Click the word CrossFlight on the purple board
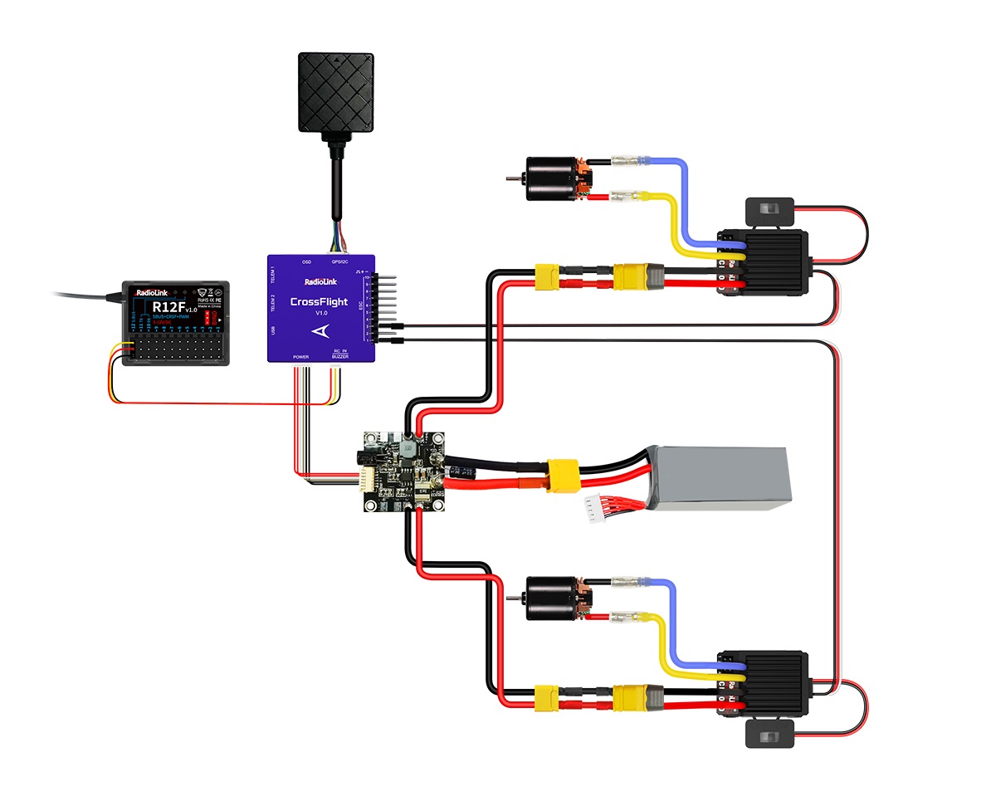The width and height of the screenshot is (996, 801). pos(320,301)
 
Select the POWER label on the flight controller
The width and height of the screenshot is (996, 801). pos(300,356)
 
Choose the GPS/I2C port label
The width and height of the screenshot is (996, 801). pos(339,261)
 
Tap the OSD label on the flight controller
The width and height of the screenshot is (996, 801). pos(306,261)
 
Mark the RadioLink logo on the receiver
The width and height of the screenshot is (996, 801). pos(150,291)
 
